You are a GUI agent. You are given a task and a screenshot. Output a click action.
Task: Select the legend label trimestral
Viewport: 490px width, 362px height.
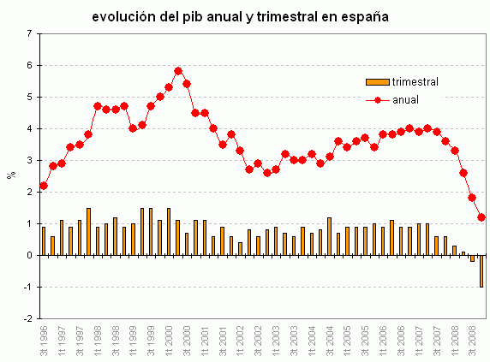415,81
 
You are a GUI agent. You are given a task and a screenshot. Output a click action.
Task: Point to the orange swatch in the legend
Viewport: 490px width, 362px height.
377,81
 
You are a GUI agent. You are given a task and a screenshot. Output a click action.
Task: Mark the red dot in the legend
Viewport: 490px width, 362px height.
377,100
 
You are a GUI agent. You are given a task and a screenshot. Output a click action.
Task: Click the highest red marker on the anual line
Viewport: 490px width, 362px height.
178,71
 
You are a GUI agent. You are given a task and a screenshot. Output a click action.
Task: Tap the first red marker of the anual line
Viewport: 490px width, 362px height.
44,186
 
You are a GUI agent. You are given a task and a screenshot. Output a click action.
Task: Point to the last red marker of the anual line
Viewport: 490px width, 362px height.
481,217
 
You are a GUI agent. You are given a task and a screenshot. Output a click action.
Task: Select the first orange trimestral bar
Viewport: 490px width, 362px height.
44,240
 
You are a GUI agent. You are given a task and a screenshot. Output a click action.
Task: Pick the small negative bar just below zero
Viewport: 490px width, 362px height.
472,258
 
